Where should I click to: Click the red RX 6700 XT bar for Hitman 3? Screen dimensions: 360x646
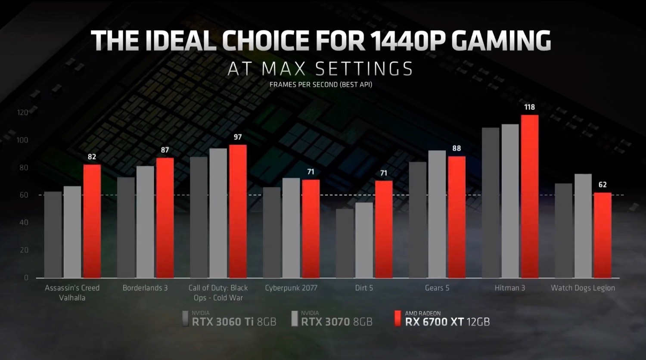pos(530,196)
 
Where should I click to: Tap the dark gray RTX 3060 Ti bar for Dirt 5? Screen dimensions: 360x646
pos(345,243)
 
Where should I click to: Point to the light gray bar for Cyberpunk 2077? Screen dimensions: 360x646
pos(291,228)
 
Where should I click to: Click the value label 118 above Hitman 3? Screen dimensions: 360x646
pos(529,107)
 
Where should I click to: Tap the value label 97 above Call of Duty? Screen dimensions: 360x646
pos(238,137)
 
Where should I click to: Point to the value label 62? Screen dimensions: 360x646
pos(603,185)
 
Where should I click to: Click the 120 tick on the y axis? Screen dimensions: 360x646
pos(22,113)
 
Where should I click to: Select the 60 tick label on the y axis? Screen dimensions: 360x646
pos(24,195)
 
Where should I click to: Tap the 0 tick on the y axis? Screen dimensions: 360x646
pos(26,278)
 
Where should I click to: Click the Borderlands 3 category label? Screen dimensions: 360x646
pos(145,288)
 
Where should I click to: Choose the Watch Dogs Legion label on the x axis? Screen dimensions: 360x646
pos(583,288)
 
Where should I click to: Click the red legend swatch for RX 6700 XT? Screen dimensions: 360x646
pos(398,318)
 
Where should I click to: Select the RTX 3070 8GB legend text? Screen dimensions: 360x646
pos(336,322)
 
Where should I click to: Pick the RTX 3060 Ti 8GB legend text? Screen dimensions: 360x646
pos(234,322)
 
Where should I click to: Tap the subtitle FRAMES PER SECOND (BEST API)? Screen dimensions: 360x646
pos(321,84)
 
